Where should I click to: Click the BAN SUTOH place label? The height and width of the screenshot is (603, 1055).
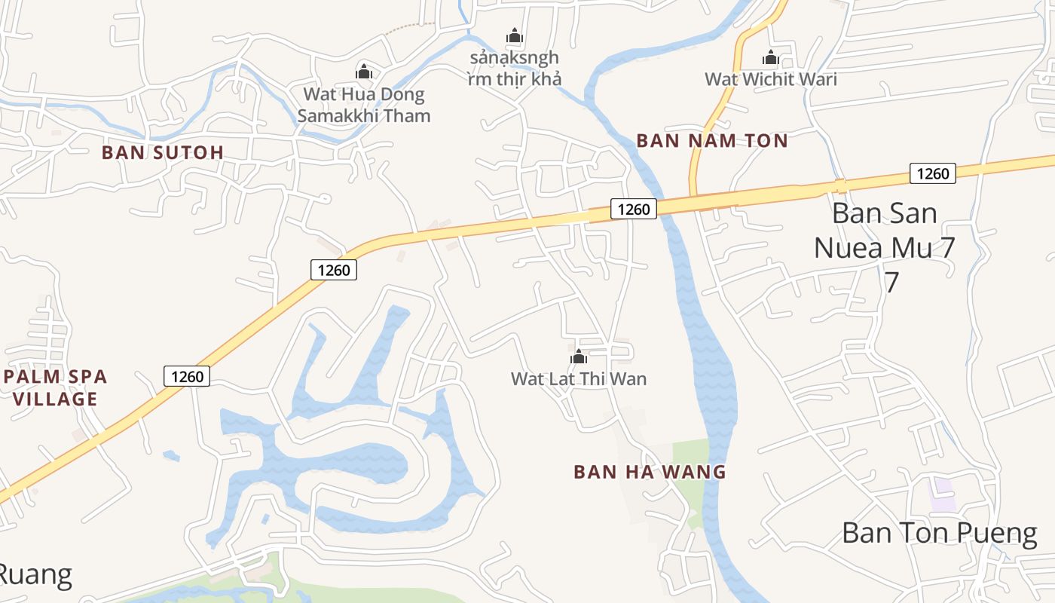(x=163, y=152)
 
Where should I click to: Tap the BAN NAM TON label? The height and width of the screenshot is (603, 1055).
(x=712, y=141)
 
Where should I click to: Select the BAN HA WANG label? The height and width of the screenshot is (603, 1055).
(x=650, y=472)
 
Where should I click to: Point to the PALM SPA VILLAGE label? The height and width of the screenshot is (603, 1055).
(x=55, y=387)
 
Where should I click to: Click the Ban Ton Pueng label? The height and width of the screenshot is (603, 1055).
(x=939, y=533)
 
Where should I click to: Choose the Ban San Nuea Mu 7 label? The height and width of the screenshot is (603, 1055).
(x=885, y=246)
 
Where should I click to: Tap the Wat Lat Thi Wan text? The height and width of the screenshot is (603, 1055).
(x=579, y=378)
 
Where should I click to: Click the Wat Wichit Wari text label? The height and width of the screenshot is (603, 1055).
(x=770, y=78)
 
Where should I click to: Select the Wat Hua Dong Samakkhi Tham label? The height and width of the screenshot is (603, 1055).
(x=364, y=105)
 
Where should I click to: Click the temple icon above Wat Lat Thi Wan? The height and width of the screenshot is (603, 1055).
(x=579, y=357)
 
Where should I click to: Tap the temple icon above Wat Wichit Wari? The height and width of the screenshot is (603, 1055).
(x=770, y=57)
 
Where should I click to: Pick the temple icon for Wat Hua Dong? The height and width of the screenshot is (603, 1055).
(x=364, y=72)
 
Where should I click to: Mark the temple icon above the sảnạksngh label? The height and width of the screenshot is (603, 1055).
(x=515, y=35)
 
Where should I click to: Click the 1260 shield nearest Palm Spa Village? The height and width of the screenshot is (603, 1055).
(x=186, y=376)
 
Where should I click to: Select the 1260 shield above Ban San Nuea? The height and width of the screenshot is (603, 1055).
(x=933, y=173)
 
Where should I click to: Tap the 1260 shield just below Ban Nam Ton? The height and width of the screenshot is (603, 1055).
(x=633, y=209)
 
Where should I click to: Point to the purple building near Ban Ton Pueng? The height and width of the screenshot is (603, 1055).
(x=942, y=495)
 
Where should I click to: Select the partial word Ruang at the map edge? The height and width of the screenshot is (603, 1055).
(x=35, y=575)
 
